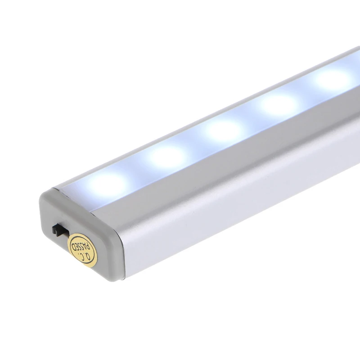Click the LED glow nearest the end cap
click(108, 183)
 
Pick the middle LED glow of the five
click(223, 129)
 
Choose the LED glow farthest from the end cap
click(335, 78)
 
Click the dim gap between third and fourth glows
click(252, 117)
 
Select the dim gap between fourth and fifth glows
click(308, 91)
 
